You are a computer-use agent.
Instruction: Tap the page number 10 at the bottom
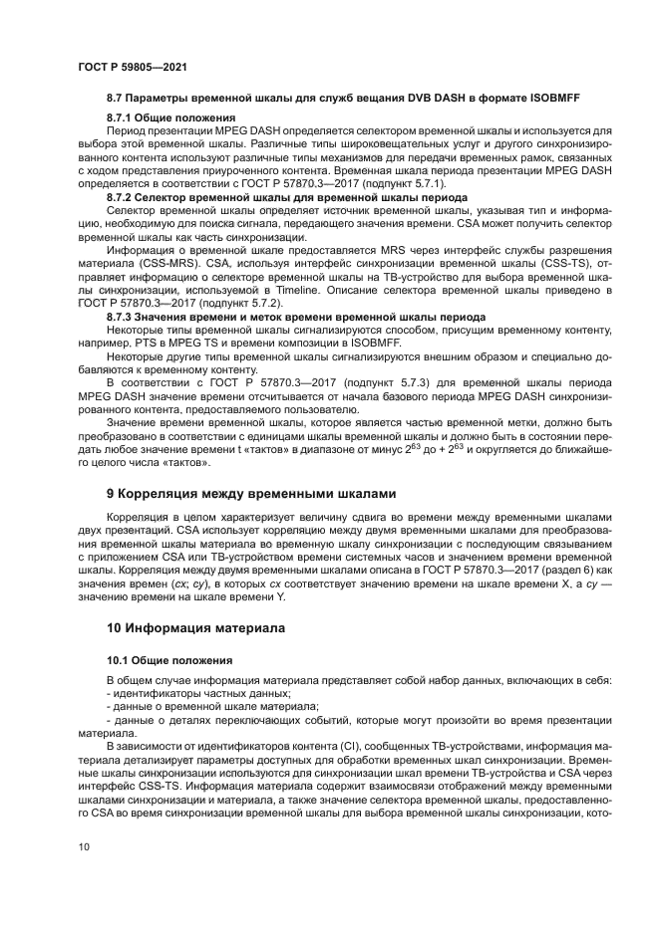click(83, 849)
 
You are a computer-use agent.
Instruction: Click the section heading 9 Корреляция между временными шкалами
click(251, 493)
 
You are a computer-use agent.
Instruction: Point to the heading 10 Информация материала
click(195, 628)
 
